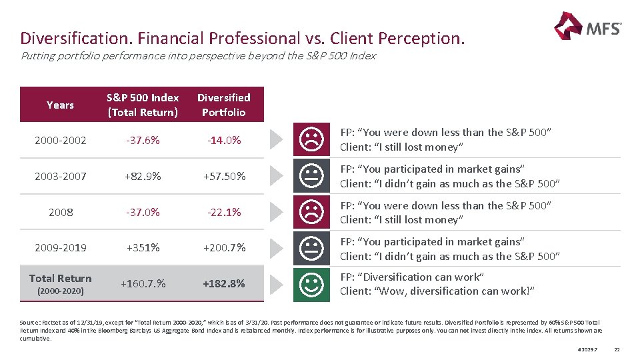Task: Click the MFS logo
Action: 587,27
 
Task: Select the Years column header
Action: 60,105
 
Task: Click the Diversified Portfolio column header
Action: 223,105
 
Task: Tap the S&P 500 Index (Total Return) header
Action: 143,105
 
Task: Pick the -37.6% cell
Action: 143,140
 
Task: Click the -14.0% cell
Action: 223,140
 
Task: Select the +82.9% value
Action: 143,177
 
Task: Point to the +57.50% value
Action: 223,177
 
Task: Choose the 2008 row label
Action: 61,212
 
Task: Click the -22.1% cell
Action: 223,212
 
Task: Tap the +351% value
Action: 143,247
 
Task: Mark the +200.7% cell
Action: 223,247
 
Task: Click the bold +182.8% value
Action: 223,283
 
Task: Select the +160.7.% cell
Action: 143,283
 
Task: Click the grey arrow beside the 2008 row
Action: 276,212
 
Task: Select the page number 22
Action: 617,350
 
